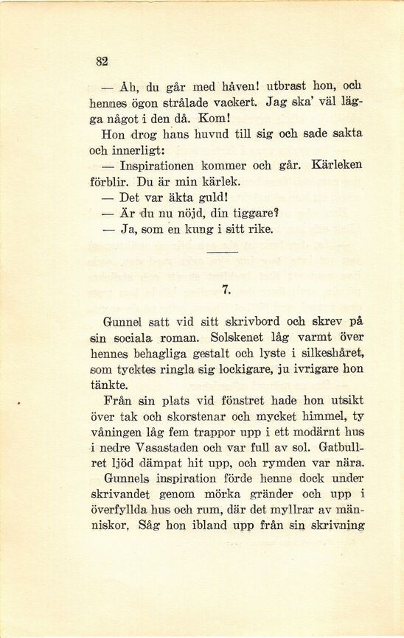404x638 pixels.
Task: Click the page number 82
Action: pos(102,63)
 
